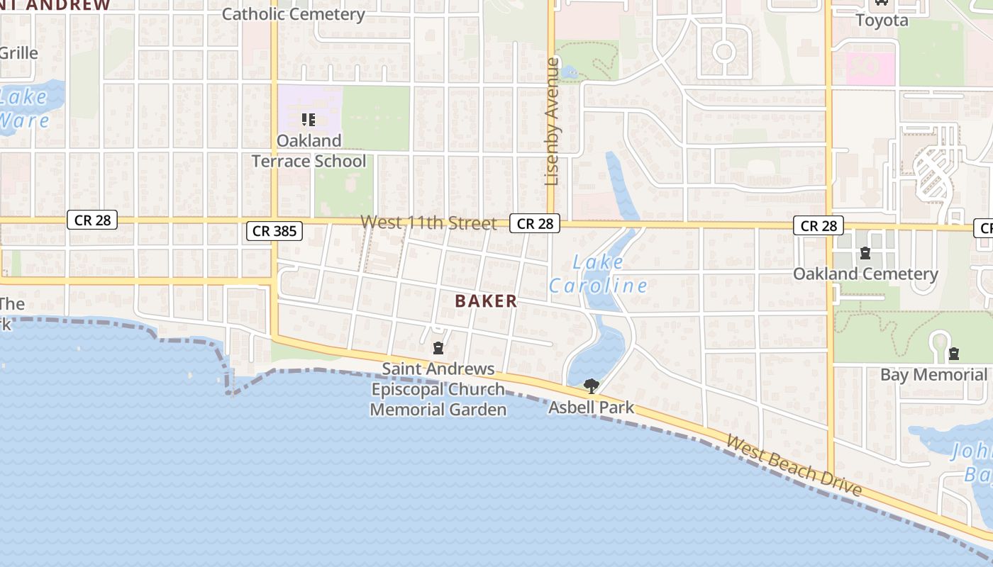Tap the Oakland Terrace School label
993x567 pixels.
point(309,151)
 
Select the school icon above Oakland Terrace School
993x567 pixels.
point(308,120)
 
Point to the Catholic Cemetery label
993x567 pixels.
point(294,13)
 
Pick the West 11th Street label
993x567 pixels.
point(428,223)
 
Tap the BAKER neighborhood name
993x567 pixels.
point(486,301)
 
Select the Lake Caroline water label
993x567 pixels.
point(598,274)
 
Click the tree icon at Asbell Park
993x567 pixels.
point(591,386)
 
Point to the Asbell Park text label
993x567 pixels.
point(591,408)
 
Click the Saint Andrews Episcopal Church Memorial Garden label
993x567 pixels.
point(438,389)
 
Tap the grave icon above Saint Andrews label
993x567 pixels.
point(438,348)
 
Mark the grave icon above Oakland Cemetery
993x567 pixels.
point(865,252)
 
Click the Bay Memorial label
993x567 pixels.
point(933,374)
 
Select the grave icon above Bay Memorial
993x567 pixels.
point(954,353)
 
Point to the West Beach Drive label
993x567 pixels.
point(794,466)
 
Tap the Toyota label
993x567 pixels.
point(882,20)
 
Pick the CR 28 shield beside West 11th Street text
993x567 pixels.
point(535,224)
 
